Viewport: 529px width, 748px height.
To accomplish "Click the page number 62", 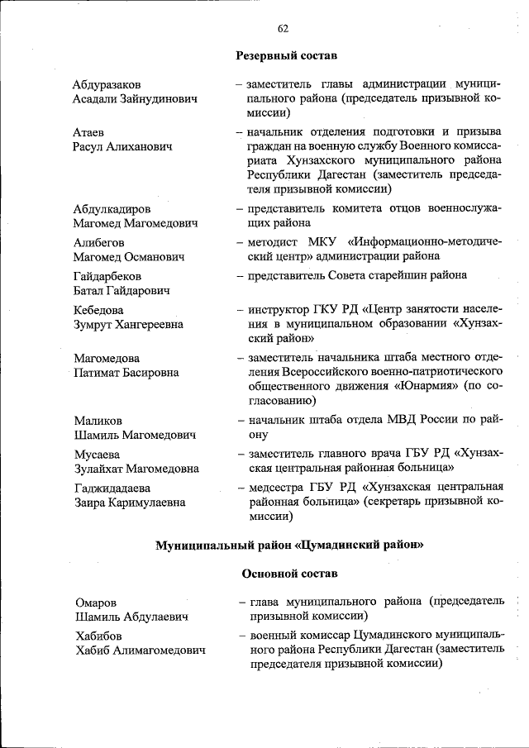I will click(283, 28).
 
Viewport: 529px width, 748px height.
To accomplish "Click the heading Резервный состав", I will click(287, 55).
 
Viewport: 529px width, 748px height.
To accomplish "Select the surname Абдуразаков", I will click(106, 84).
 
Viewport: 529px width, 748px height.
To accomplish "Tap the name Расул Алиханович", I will click(122, 146).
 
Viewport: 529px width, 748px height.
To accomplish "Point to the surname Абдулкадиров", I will click(111, 209).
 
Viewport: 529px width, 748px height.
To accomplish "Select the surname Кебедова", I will click(98, 310).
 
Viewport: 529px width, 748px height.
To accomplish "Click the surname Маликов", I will click(97, 420).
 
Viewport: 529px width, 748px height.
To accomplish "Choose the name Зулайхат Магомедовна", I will click(136, 469).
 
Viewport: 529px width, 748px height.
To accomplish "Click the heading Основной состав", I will click(289, 573).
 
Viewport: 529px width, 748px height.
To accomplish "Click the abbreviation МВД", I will click(388, 420).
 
